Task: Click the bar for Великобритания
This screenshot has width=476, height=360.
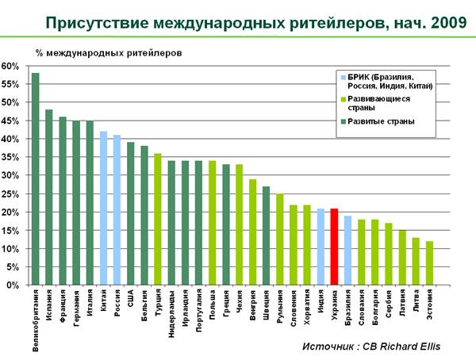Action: click(36, 179)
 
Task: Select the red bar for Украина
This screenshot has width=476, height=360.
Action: click(334, 247)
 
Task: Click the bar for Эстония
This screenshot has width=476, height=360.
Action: click(428, 263)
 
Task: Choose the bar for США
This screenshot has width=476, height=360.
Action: click(130, 213)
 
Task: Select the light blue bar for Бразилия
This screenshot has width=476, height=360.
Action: click(347, 251)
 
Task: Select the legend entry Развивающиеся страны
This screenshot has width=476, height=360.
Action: click(375, 104)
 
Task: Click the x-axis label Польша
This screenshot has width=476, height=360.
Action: click(212, 304)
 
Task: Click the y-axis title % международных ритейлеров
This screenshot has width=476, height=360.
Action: click(108, 52)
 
